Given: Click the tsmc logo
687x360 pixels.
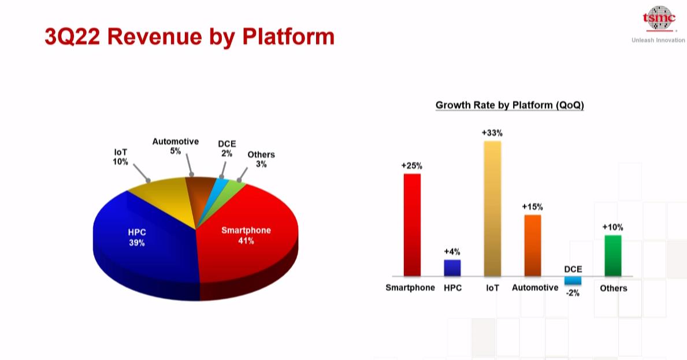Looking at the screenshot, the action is (x=659, y=18).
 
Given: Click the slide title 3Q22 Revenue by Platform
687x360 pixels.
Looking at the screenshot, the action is (x=190, y=36).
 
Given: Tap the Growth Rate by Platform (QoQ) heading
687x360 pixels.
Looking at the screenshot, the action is (x=510, y=105).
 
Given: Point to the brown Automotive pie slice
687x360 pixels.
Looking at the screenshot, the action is (x=200, y=192).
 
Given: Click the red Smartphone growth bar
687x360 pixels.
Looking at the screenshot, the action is (x=412, y=225).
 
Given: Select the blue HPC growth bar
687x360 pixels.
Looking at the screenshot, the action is (x=452, y=268).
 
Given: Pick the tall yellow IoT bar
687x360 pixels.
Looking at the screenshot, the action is (x=492, y=209).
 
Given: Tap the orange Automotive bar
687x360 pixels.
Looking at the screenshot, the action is (x=533, y=245).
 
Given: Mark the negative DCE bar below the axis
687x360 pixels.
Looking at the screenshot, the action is (x=573, y=281).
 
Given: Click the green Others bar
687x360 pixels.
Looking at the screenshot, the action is (x=613, y=256).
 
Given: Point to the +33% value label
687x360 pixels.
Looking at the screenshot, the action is (x=492, y=133).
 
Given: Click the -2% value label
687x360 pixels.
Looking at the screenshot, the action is (x=573, y=293).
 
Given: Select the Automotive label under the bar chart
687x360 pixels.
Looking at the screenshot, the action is (x=535, y=287).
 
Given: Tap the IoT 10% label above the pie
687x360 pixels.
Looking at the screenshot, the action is (x=121, y=157).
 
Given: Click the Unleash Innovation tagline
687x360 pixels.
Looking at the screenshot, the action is (x=658, y=40).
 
